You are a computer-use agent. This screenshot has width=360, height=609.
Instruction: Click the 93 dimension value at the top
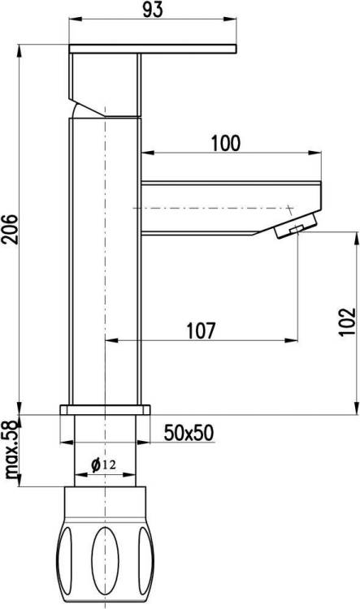(x=153, y=10)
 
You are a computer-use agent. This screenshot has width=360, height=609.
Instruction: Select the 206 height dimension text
(x=10, y=229)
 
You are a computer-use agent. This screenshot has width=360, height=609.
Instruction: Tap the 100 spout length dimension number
(x=226, y=143)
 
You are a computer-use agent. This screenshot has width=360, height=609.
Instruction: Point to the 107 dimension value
(x=201, y=330)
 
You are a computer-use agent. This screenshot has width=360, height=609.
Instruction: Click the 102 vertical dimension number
(x=347, y=322)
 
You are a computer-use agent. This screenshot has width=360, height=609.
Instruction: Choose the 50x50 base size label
(x=189, y=433)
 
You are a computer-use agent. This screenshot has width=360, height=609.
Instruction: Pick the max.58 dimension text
(x=11, y=450)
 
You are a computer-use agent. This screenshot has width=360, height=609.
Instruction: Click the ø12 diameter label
(x=103, y=464)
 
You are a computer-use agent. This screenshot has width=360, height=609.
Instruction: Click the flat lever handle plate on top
(x=153, y=49)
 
